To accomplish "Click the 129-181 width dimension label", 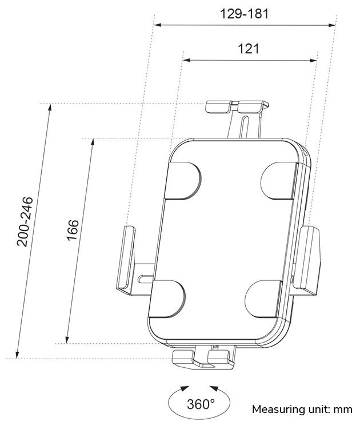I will pos(244,14).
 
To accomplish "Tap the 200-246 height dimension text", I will pos(25,222).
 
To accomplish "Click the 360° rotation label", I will pos(201,404).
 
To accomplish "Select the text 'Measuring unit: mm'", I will pos(302,410).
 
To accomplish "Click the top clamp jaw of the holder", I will pos(236,107).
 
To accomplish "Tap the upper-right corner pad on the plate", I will pos(278,179).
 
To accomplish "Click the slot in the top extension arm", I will pos(245,127).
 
